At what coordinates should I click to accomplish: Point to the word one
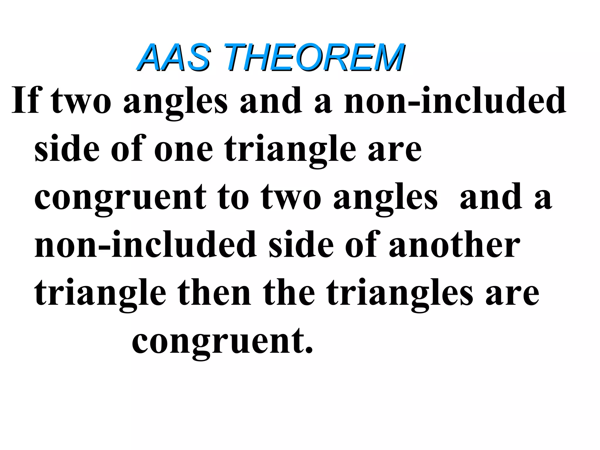click(x=183, y=149)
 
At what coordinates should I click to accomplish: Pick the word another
click(x=454, y=245)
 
